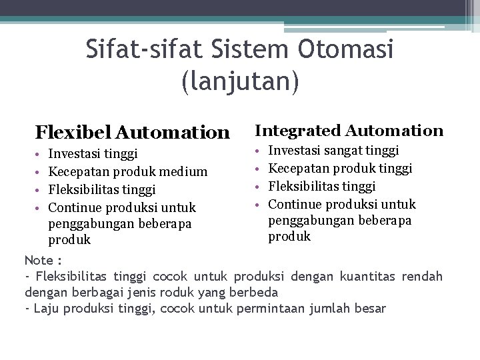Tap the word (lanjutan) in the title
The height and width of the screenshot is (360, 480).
tap(240, 80)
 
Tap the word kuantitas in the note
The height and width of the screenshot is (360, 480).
tap(367, 276)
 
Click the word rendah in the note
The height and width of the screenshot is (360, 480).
tap(421, 276)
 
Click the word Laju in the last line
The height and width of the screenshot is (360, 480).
tap(46, 308)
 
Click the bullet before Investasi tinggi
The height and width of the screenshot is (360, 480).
tap(40, 155)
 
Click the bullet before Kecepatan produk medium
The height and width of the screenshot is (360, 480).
tap(40, 172)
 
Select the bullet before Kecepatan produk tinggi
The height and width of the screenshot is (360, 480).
tap(260, 168)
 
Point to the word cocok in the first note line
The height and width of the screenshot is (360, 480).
tap(172, 276)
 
